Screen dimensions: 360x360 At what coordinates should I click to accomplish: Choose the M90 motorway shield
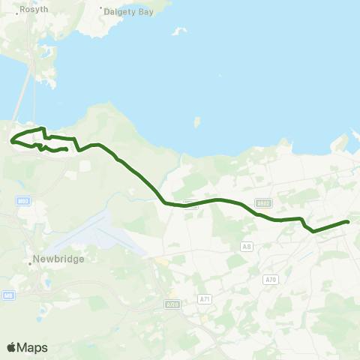pyautogui.click(x=22, y=202)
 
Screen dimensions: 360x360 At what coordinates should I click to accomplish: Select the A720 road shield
pyautogui.click(x=172, y=304)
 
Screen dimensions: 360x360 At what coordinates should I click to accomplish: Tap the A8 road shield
pyautogui.click(x=246, y=246)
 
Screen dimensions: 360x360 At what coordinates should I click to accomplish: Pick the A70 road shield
pyautogui.click(x=271, y=280)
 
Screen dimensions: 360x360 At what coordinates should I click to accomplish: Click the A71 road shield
pyautogui.click(x=205, y=299)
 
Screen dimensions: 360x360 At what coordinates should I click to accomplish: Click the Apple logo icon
pyautogui.click(x=11, y=347)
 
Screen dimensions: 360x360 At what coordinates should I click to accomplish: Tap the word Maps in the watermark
pyautogui.click(x=32, y=347)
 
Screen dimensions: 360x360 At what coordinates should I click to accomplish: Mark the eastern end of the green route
pyautogui.click(x=349, y=221)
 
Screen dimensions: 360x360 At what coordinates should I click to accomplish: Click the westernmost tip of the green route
pyautogui.click(x=11, y=140)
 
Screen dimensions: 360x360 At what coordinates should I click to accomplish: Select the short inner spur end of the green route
pyautogui.click(x=67, y=149)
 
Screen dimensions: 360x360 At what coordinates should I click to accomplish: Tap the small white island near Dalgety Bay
pyautogui.click(x=179, y=31)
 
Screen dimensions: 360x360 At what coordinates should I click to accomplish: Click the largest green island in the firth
pyautogui.click(x=196, y=121)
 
